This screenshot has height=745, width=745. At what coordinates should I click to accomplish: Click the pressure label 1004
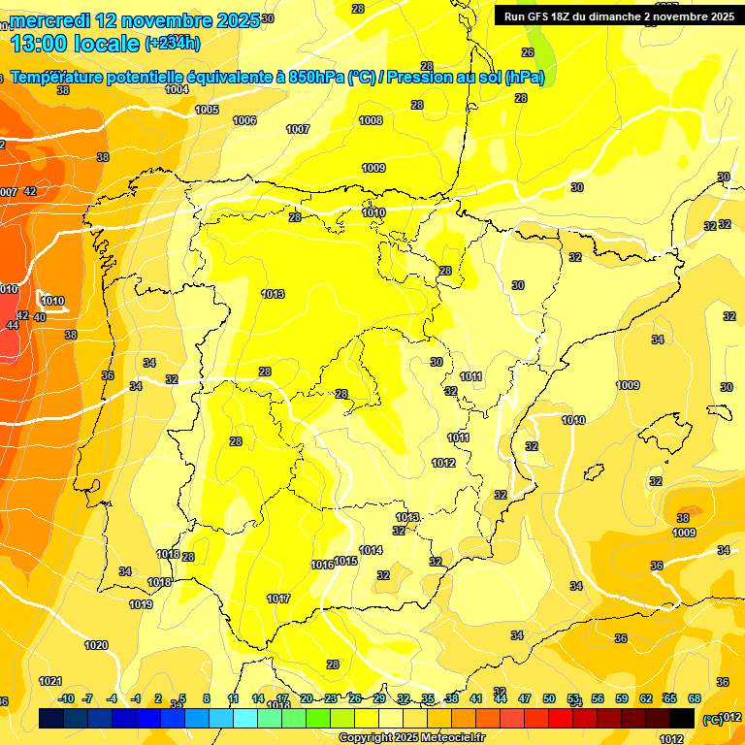click(x=177, y=89)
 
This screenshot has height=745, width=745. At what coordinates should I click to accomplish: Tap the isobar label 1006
click(x=244, y=120)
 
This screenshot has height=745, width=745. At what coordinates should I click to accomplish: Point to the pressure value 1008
click(x=371, y=120)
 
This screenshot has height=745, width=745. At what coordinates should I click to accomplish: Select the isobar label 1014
click(x=371, y=550)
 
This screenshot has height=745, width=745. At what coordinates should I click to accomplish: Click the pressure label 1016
click(x=322, y=565)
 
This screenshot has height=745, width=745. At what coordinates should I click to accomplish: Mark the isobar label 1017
click(x=278, y=599)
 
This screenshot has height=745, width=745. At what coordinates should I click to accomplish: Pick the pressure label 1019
click(x=141, y=604)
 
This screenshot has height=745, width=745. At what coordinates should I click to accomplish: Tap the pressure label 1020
click(x=96, y=645)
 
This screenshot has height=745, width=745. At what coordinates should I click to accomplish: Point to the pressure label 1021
click(x=50, y=681)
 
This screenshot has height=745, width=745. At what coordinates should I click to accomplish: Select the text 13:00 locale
click(x=75, y=43)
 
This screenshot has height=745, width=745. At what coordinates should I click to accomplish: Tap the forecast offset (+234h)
click(x=173, y=43)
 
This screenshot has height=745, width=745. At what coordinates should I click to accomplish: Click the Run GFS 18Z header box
click(x=615, y=16)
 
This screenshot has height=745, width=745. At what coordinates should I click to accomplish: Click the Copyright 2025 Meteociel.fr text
click(x=411, y=737)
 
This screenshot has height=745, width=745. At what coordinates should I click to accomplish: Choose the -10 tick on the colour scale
click(x=66, y=698)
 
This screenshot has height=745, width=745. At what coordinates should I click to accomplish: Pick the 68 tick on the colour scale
click(x=695, y=698)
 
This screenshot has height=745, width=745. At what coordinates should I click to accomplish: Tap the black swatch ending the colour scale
click(x=681, y=718)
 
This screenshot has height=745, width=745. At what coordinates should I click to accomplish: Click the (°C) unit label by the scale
click(x=711, y=719)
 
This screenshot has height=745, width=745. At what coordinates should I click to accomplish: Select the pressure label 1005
click(x=207, y=110)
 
